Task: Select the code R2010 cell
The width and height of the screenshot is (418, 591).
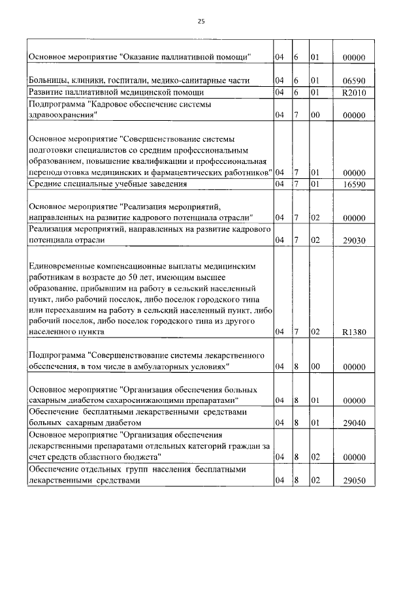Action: coord(354,91)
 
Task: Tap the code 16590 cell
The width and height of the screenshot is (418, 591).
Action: coord(354,184)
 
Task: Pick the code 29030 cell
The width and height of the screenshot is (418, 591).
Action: coord(354,240)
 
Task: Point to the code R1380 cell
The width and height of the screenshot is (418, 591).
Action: coord(354,332)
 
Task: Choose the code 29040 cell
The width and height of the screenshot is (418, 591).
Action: coord(354,423)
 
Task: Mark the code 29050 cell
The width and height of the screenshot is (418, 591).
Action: coord(354,480)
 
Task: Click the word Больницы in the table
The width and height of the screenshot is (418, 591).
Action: coord(48,80)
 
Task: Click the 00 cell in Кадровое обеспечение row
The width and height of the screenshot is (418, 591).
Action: coord(314,114)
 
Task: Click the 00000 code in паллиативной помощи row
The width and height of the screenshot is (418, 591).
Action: coord(354,57)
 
